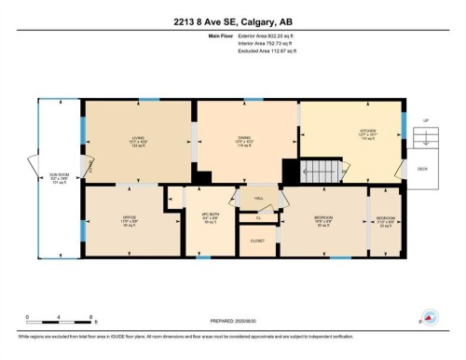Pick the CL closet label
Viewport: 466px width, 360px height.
pos(257,217)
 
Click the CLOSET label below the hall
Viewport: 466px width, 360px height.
pos(257,241)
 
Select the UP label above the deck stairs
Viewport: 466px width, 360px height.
pos(426,120)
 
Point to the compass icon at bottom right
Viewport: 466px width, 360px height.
pos(430,317)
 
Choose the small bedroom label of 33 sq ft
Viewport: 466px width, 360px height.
pos(385,221)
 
